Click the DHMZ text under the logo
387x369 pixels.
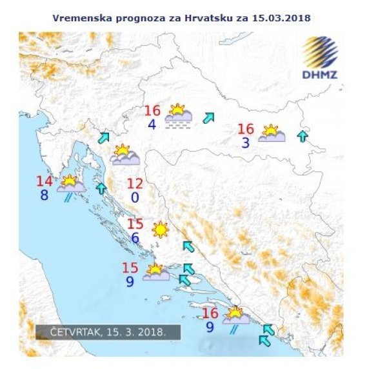pyautogui.click(x=319, y=74)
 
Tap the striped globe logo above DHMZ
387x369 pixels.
pyautogui.click(x=321, y=51)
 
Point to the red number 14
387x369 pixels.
pyautogui.click(x=45, y=181)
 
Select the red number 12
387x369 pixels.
pyautogui.click(x=136, y=183)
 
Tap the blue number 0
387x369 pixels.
pyautogui.click(x=135, y=197)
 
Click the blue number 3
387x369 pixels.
pyautogui.click(x=246, y=143)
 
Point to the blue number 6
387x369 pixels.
pyautogui.click(x=135, y=238)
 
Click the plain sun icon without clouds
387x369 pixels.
pyautogui.click(x=159, y=229)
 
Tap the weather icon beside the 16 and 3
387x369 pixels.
pyautogui.click(x=272, y=134)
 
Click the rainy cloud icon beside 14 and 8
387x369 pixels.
pyautogui.click(x=70, y=186)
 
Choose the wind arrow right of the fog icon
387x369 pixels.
pyautogui.click(x=208, y=118)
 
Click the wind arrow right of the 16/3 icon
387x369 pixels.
pyautogui.click(x=301, y=135)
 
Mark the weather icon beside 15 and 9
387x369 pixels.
pyautogui.click(x=155, y=272)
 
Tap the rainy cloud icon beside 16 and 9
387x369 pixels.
pyautogui.click(x=235, y=316)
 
